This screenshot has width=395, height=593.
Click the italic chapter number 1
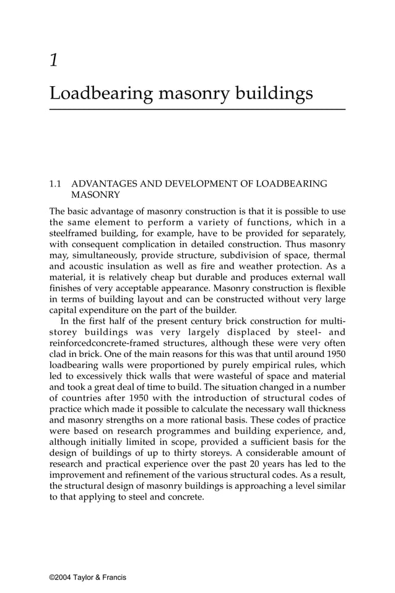pos(54,60)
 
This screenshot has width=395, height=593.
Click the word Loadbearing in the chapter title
pos(101,94)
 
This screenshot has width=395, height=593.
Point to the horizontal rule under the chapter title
pos(197,110)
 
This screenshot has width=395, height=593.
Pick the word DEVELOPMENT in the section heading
pos(191,184)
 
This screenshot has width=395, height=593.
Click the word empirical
pos(240,366)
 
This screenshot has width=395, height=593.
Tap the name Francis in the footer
pos(113,578)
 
